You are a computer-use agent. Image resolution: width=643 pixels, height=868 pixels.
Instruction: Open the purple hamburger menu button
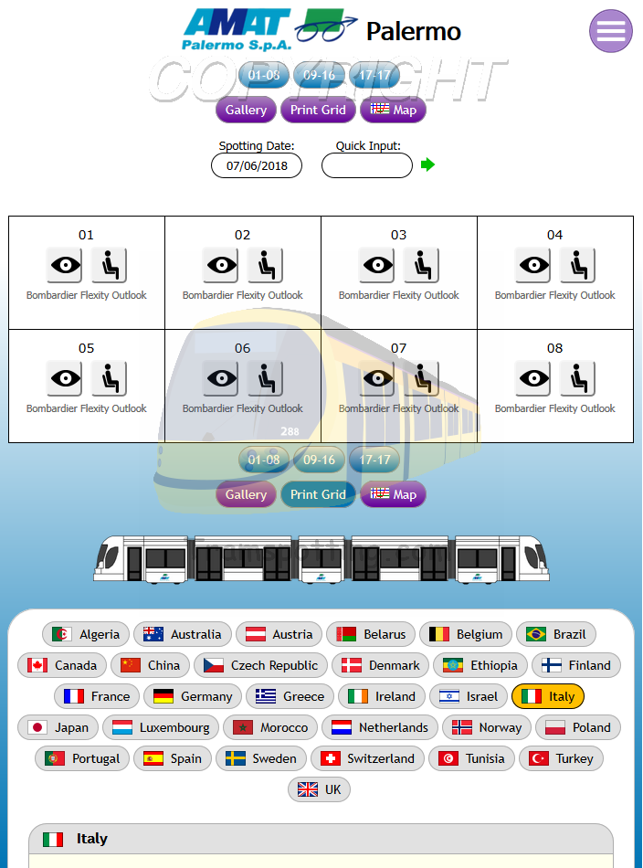tap(610, 31)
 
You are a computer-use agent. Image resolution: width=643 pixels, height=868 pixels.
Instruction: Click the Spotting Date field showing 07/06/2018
tap(257, 165)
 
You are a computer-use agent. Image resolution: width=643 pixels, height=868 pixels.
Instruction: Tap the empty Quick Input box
tap(367, 165)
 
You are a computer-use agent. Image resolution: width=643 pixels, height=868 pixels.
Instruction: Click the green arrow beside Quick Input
tap(427, 164)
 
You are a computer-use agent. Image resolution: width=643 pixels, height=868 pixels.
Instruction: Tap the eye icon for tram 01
tap(64, 265)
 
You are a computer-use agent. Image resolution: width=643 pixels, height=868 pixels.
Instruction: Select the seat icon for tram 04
tap(577, 265)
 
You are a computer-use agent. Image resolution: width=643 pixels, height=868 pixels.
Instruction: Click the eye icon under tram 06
tap(220, 378)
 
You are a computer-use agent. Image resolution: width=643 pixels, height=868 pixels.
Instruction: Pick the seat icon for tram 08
tap(577, 378)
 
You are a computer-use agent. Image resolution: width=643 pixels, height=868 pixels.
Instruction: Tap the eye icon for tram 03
tap(376, 265)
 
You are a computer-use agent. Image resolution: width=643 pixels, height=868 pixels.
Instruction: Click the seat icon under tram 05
tap(109, 378)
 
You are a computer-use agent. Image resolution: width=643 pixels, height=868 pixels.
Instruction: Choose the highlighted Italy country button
tap(547, 696)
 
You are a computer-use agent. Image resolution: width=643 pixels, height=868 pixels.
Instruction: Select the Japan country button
tap(58, 727)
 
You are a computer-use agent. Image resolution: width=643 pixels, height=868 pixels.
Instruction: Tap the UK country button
tap(319, 789)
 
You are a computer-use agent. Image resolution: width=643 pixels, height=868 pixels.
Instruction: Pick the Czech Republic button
tap(260, 665)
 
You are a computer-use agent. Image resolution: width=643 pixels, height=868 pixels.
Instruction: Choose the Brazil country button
tap(556, 634)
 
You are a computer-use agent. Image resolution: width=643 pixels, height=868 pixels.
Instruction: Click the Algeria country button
tap(86, 634)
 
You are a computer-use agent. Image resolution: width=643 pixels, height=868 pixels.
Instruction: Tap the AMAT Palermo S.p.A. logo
tap(236, 29)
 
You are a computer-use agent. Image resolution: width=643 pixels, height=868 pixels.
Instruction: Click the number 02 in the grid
tap(242, 235)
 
